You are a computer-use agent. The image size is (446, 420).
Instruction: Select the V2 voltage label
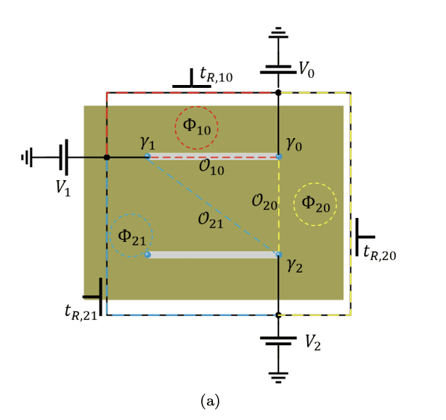click(313, 341)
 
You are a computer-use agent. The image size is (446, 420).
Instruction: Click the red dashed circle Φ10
click(196, 128)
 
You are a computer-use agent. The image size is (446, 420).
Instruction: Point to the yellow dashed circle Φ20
click(315, 206)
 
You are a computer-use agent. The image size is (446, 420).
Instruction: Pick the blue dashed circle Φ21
click(131, 236)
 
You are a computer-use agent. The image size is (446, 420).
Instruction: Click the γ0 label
click(293, 145)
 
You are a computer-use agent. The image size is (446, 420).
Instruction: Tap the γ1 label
click(148, 142)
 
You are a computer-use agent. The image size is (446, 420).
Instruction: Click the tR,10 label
click(216, 75)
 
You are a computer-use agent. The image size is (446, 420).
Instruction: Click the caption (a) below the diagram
click(209, 400)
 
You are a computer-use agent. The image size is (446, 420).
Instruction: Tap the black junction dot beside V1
click(107, 157)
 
